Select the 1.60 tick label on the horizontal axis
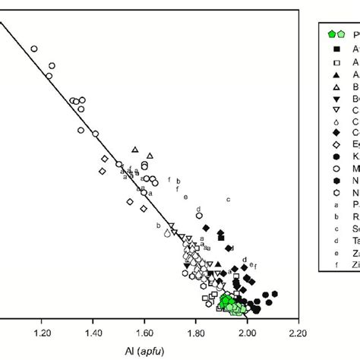145,333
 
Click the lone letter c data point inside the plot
228,199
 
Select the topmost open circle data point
34,49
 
